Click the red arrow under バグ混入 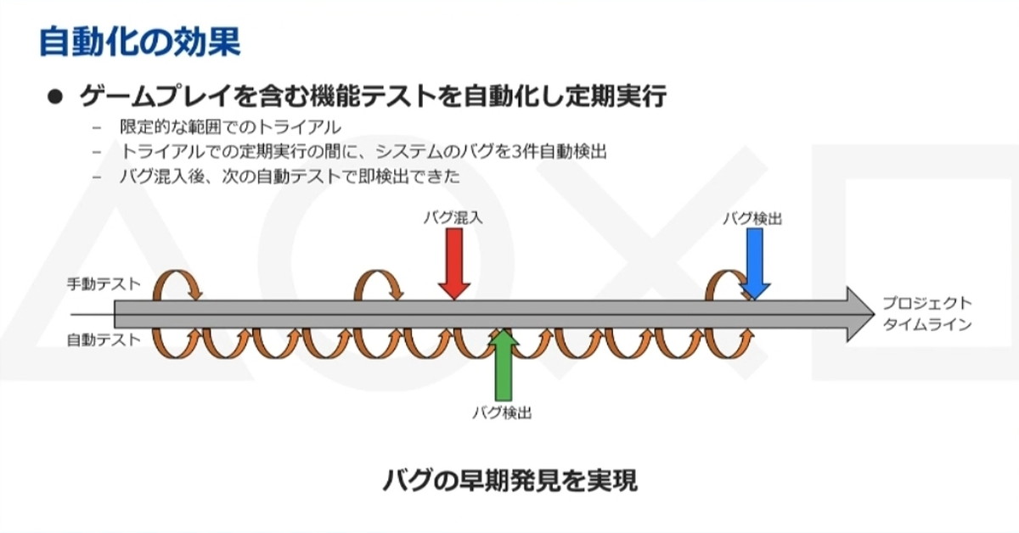(454, 263)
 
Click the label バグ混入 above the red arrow (453, 217)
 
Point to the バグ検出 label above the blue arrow (752, 218)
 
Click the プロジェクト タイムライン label (926, 313)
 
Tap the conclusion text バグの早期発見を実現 (509, 481)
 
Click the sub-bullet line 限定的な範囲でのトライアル (229, 128)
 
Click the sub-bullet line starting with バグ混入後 (289, 177)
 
